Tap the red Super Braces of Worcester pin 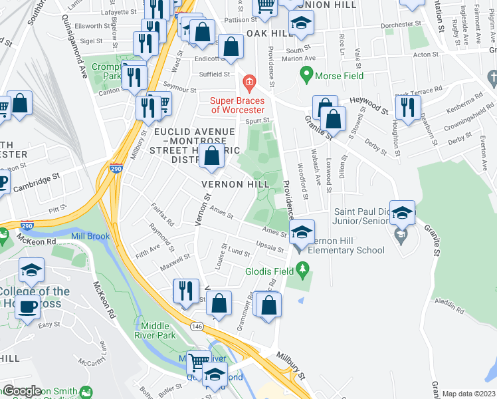[x=249, y=84]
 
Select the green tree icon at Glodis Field [x=303, y=269]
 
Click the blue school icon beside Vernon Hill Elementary [x=302, y=233]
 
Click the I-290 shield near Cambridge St [x=116, y=170]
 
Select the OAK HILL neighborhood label [x=270, y=33]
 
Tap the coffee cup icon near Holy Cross [x=28, y=307]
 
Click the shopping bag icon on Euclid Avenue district [x=212, y=158]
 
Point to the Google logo [x=23, y=391]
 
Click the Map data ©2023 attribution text [x=468, y=394]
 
